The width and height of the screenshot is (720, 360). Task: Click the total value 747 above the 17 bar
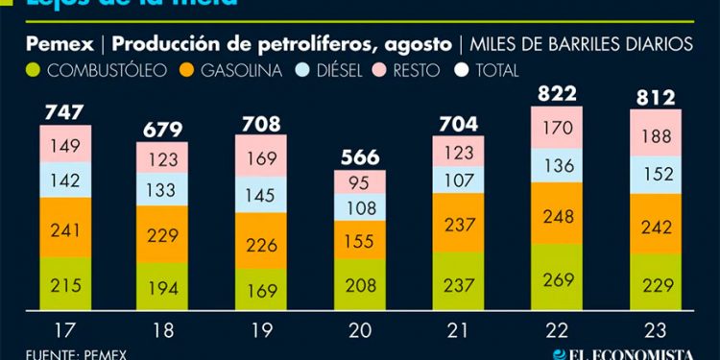[65, 112]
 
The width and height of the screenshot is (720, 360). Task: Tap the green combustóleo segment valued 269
[557, 284]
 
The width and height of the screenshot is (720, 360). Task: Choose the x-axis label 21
[459, 333]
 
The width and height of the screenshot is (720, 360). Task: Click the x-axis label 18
[164, 333]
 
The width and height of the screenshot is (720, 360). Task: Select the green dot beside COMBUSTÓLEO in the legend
[35, 70]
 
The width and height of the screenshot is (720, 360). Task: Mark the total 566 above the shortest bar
[360, 157]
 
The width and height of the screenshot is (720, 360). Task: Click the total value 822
[557, 93]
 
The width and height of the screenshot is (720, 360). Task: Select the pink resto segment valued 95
[361, 182]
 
